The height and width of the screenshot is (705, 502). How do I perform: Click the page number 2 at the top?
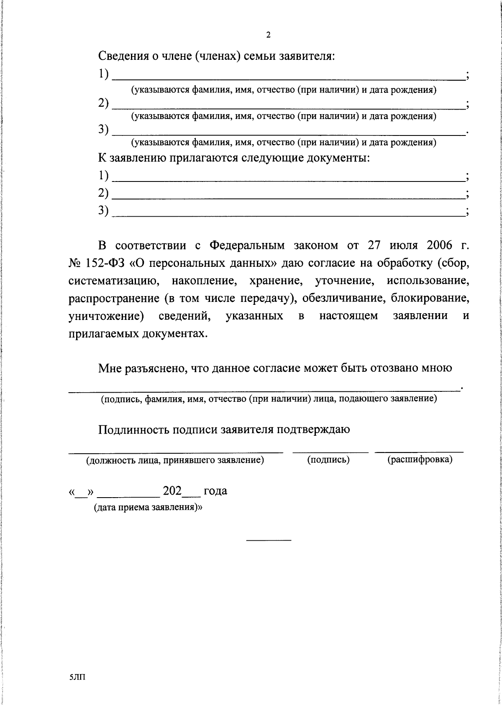[268, 36]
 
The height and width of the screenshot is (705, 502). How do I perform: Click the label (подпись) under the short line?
[328, 460]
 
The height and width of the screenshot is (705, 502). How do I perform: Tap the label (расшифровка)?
[420, 460]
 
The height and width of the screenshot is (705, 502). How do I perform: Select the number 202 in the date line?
[172, 490]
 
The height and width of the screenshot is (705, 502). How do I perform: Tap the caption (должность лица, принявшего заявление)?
[175, 460]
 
